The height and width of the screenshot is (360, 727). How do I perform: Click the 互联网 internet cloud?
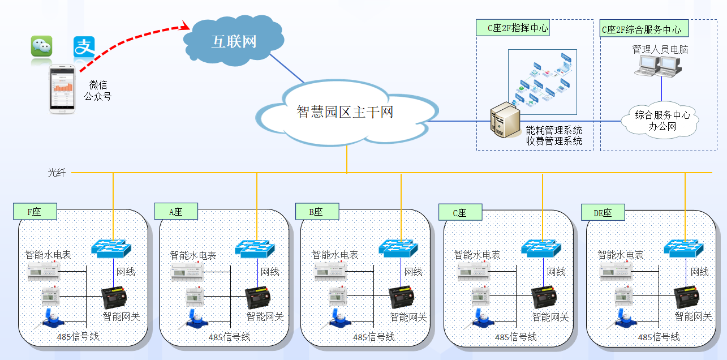coord(233,41)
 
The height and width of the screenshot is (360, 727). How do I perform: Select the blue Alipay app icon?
coord(84,47)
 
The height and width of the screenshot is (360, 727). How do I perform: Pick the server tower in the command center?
coord(505,121)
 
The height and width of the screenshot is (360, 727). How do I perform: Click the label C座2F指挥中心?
coord(513,27)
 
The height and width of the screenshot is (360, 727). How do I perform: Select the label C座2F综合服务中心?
coord(641,29)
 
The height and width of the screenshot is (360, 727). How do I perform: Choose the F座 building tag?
coord(35,212)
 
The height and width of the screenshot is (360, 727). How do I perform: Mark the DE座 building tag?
coord(603,213)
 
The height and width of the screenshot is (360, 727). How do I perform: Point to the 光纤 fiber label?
coord(57,173)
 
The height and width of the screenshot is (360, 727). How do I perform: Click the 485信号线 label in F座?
coord(78,336)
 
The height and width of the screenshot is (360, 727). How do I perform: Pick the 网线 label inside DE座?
coord(699,272)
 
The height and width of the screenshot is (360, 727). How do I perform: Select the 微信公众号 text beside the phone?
coord(98,91)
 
